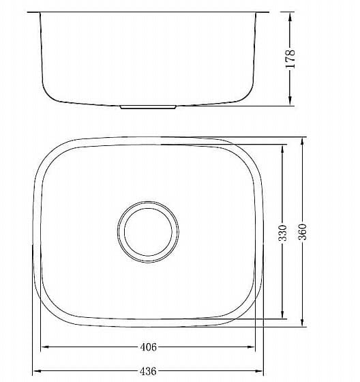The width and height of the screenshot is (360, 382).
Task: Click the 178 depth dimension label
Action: coord(290,59)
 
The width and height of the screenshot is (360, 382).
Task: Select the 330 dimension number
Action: coord(283,233)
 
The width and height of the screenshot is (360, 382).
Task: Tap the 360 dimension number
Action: coord(303,232)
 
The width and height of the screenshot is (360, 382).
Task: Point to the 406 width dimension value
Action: coord(149,347)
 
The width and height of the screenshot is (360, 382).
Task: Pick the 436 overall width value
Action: coord(148,371)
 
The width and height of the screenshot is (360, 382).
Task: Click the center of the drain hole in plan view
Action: coord(148,232)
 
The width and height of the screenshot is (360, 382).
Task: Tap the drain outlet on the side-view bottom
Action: coord(148,107)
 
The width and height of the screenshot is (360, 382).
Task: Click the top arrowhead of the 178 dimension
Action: coord(290,17)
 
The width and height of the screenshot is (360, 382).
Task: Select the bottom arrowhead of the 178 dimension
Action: coord(290,100)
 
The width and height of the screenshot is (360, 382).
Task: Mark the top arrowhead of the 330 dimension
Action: coord(282,149)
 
